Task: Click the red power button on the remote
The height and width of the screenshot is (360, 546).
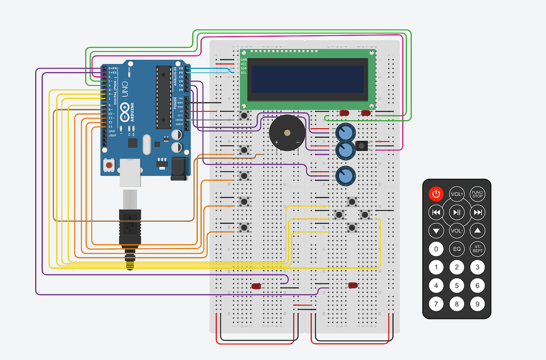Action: click(436, 194)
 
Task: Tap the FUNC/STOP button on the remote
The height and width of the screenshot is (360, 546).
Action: click(477, 194)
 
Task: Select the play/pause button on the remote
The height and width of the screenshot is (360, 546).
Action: click(457, 212)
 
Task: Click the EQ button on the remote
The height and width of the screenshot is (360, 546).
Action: click(457, 249)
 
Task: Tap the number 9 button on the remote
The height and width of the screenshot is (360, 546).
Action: click(477, 304)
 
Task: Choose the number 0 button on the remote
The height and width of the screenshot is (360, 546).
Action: click(436, 249)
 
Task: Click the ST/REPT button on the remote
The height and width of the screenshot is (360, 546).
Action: click(477, 249)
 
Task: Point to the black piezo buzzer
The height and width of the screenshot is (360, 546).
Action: click(287, 133)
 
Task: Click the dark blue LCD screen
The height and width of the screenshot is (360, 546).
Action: click(309, 79)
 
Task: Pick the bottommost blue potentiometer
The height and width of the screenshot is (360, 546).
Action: click(346, 175)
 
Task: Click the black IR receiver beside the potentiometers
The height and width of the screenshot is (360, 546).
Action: click(362, 146)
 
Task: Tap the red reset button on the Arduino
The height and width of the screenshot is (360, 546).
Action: click(109, 165)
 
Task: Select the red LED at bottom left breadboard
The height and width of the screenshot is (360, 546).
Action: click(256, 286)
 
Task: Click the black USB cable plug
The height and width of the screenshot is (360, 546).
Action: click(130, 227)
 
